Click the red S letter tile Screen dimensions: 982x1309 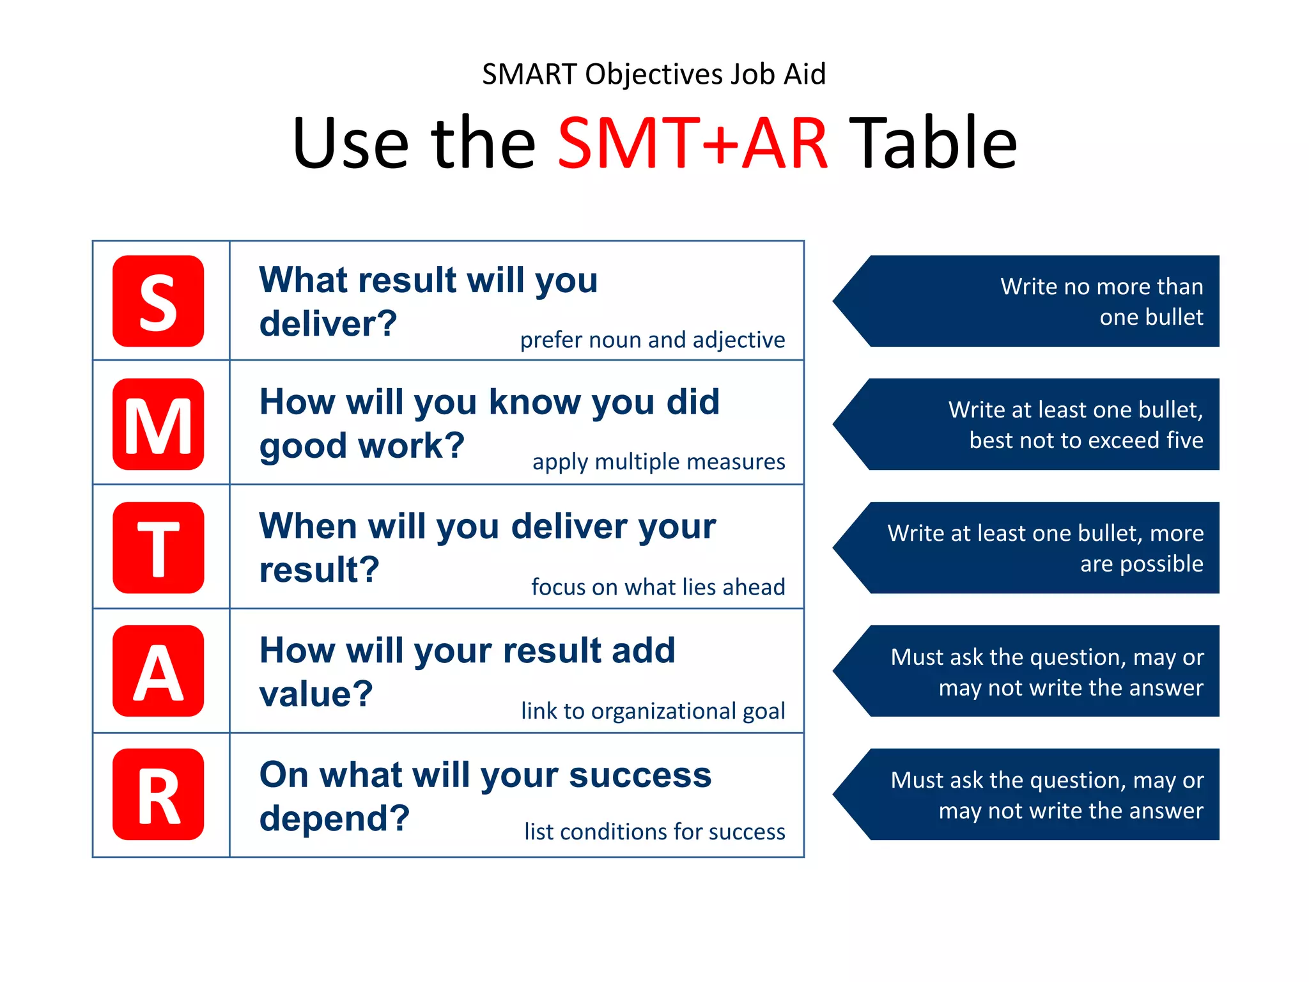[x=158, y=301]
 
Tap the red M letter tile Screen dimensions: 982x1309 [x=158, y=424]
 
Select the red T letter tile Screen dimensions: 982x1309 [x=158, y=547]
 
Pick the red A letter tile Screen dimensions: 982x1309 [x=158, y=671]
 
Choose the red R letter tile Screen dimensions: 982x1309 [x=158, y=794]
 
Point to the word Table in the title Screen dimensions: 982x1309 [x=936, y=143]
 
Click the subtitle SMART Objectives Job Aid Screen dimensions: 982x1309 [x=654, y=74]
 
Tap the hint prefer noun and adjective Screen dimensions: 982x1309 [x=652, y=340]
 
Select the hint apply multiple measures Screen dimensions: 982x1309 [x=658, y=462]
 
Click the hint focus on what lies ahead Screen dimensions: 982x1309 [x=658, y=587]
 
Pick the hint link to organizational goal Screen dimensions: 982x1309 [x=653, y=711]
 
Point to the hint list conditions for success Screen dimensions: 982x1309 [x=654, y=832]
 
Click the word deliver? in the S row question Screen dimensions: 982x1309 [x=328, y=323]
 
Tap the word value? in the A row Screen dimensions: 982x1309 [x=316, y=694]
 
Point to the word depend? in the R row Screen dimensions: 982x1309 [x=334, y=818]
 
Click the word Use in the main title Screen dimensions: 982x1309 [x=350, y=143]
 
